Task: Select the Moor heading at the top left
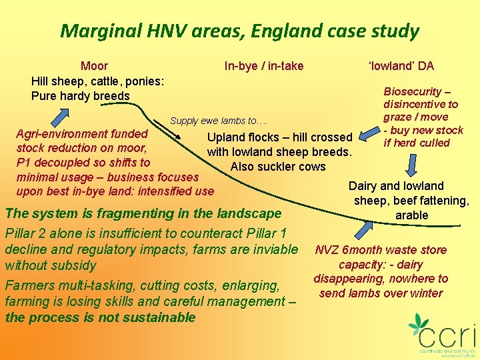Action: [95, 65]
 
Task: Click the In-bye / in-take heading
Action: [264, 65]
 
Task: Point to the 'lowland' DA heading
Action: [401, 65]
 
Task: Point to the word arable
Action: [412, 215]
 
